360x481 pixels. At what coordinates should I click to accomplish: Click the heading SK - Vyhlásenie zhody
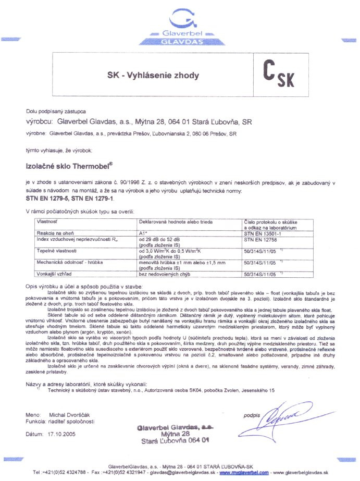[153, 76]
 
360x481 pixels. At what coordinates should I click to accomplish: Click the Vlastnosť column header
[47, 221]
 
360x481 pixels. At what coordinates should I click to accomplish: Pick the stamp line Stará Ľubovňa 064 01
[177, 440]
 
